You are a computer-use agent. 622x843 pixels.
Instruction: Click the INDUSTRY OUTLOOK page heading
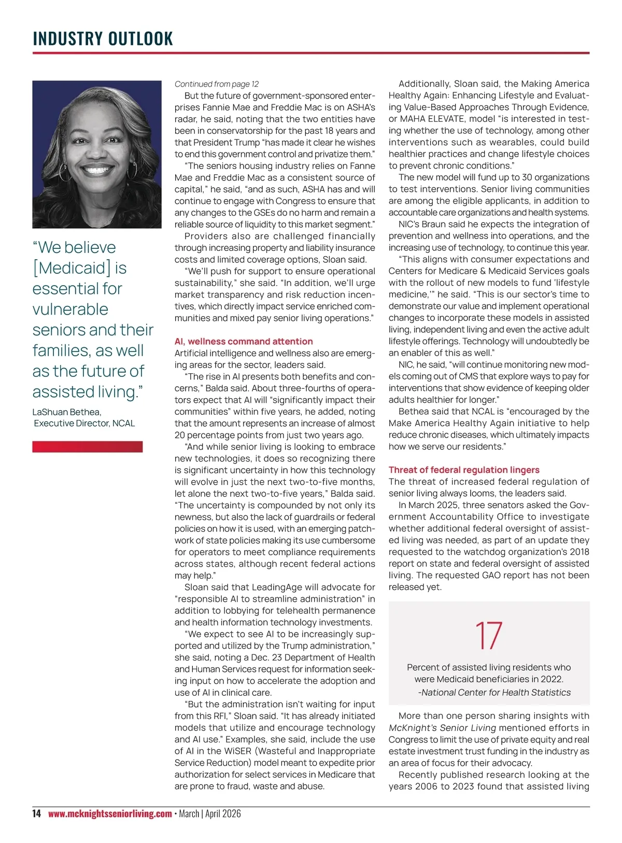pyautogui.click(x=103, y=39)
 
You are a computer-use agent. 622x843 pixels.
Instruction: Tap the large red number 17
pyautogui.click(x=488, y=636)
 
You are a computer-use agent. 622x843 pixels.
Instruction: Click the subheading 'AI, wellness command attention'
pyautogui.click(x=244, y=341)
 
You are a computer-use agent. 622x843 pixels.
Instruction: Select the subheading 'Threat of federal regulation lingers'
pyautogui.click(x=464, y=470)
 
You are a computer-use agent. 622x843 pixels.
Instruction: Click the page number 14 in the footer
pyautogui.click(x=36, y=813)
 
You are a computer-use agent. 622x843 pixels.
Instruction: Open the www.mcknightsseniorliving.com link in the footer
pyautogui.click(x=110, y=813)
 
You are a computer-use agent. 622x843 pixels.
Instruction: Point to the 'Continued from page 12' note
pyautogui.click(x=217, y=84)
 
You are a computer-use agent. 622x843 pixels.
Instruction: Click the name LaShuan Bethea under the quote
pyautogui.click(x=66, y=412)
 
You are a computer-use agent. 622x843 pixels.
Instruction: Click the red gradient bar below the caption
pyautogui.click(x=87, y=446)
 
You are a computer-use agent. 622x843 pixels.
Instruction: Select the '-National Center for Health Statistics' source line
pyautogui.click(x=494, y=692)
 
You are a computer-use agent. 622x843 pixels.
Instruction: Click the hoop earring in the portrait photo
pyautogui.click(x=64, y=173)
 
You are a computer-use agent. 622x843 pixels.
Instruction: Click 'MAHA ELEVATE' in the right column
pyautogui.click(x=425, y=119)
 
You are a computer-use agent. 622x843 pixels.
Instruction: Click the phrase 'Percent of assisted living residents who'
pyautogui.click(x=489, y=667)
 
